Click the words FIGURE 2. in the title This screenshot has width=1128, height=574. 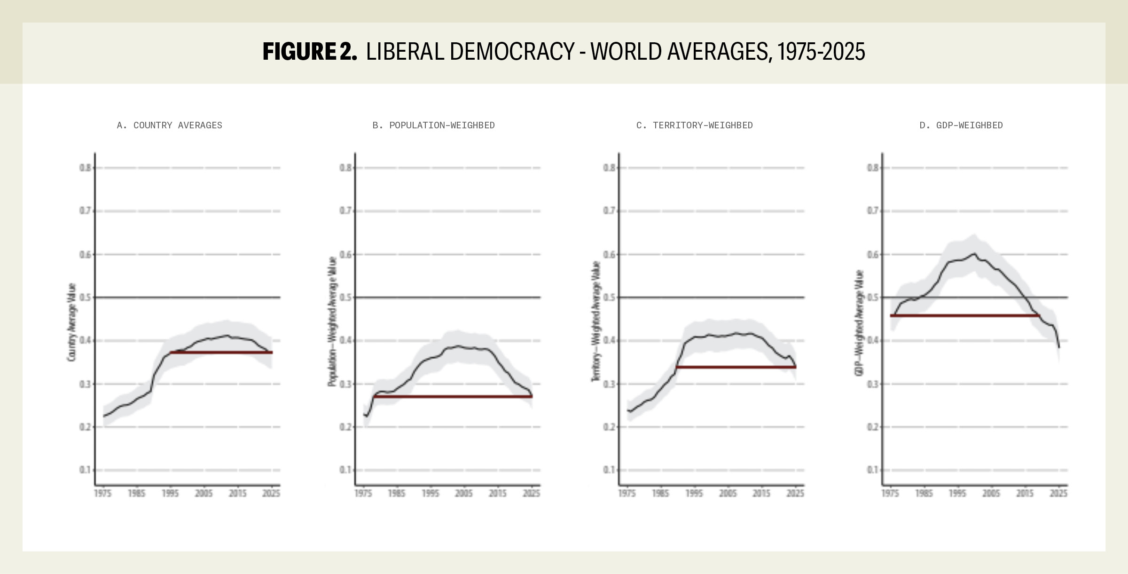pyautogui.click(x=310, y=52)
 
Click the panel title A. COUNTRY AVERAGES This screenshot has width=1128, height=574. pyautogui.click(x=169, y=126)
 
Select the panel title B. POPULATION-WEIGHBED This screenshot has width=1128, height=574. pyautogui.click(x=433, y=126)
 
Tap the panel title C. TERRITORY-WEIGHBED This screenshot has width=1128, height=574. pyautogui.click(x=694, y=126)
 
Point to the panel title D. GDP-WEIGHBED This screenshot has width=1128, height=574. pyautogui.click(x=961, y=126)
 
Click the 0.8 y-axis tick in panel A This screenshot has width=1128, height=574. pyautogui.click(x=85, y=168)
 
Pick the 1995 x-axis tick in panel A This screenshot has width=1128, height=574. pyautogui.click(x=170, y=493)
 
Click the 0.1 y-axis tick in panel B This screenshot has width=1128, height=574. pyautogui.click(x=345, y=470)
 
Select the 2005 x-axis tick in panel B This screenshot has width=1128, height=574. pyautogui.click(x=464, y=493)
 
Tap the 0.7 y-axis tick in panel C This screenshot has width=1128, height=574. pyautogui.click(x=609, y=211)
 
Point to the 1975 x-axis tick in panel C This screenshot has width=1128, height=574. pyautogui.click(x=627, y=493)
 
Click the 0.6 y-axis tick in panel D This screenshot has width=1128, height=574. pyautogui.click(x=873, y=254)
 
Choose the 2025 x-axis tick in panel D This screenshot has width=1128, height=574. pyautogui.click(x=1058, y=493)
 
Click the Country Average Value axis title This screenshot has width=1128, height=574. pyautogui.click(x=71, y=322)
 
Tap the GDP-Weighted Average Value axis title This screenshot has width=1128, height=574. pyautogui.click(x=859, y=322)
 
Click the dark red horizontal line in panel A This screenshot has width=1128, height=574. pyautogui.click(x=221, y=352)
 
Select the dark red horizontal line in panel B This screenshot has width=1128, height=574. pyautogui.click(x=453, y=397)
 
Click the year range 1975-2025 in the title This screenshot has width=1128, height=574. pyautogui.click(x=821, y=52)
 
